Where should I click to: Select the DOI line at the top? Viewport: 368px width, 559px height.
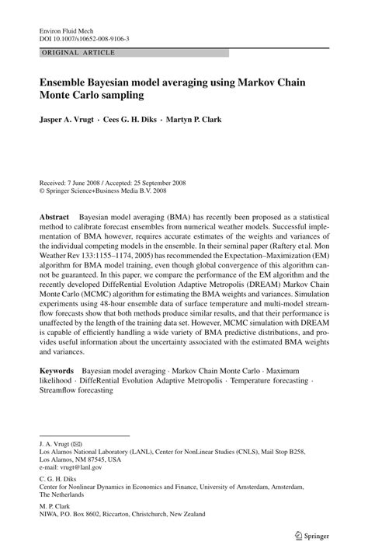coord(84,37)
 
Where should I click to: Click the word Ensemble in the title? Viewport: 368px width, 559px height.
coord(73,80)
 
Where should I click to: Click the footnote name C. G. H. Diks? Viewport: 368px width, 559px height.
coord(61,478)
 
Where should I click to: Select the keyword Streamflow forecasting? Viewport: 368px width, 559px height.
coord(76,390)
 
